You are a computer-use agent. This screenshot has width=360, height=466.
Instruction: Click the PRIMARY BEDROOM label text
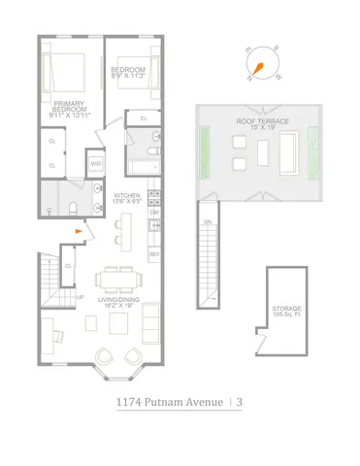click(68, 108)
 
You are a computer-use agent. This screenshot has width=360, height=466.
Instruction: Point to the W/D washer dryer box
click(96, 164)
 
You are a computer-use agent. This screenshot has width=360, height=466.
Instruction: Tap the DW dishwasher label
click(154, 212)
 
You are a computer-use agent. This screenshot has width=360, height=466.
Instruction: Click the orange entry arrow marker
click(80, 231)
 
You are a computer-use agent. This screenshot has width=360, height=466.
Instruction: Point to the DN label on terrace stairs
click(207, 222)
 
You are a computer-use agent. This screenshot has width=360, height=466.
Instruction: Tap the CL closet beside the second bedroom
click(144, 117)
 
